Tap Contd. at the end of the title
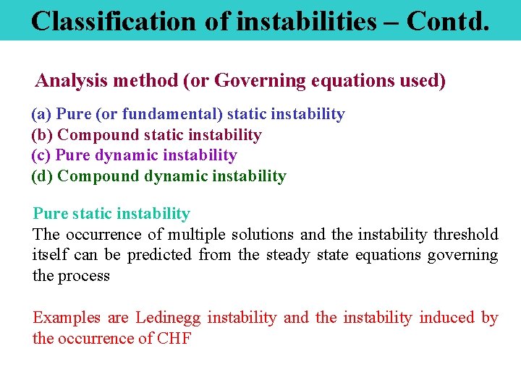point(448,21)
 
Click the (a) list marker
point(41,114)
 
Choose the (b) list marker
point(42,135)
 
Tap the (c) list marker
point(41,155)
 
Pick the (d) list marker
point(42,176)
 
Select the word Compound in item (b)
point(98,135)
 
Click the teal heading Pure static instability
point(111,214)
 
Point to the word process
point(83,276)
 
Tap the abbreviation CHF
point(174,339)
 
